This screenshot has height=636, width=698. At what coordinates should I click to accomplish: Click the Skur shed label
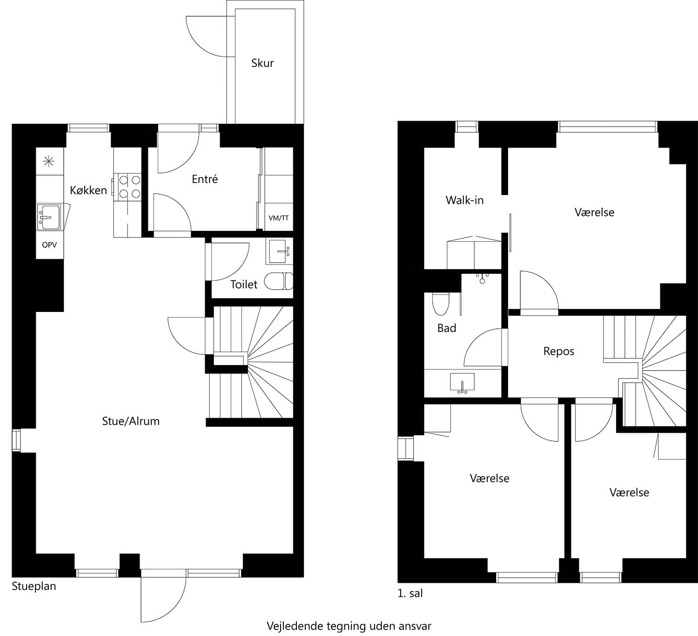tap(262, 63)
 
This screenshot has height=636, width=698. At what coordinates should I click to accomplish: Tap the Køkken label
tap(88, 190)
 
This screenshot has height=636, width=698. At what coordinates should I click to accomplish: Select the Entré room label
tap(205, 179)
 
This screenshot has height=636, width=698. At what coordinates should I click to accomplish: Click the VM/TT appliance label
tap(278, 218)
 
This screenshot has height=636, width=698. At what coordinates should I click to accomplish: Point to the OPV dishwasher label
tap(49, 245)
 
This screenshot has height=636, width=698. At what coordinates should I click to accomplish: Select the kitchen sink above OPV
tap(49, 217)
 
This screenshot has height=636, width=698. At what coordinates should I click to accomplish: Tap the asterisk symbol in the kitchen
tap(48, 162)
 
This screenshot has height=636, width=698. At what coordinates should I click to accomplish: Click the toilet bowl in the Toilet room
tap(277, 281)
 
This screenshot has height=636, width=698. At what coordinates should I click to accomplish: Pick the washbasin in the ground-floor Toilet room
tap(280, 251)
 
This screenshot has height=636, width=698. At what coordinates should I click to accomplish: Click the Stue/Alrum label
tap(131, 421)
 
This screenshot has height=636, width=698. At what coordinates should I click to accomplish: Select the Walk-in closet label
tap(464, 200)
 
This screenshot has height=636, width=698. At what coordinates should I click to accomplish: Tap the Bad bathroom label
tap(447, 328)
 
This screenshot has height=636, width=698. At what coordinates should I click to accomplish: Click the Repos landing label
tap(558, 352)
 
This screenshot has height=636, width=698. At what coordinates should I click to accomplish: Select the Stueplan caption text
tap(34, 586)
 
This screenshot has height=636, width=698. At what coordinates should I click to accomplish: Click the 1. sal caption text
tap(410, 594)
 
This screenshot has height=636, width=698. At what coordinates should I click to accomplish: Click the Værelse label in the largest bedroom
tap(594, 212)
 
